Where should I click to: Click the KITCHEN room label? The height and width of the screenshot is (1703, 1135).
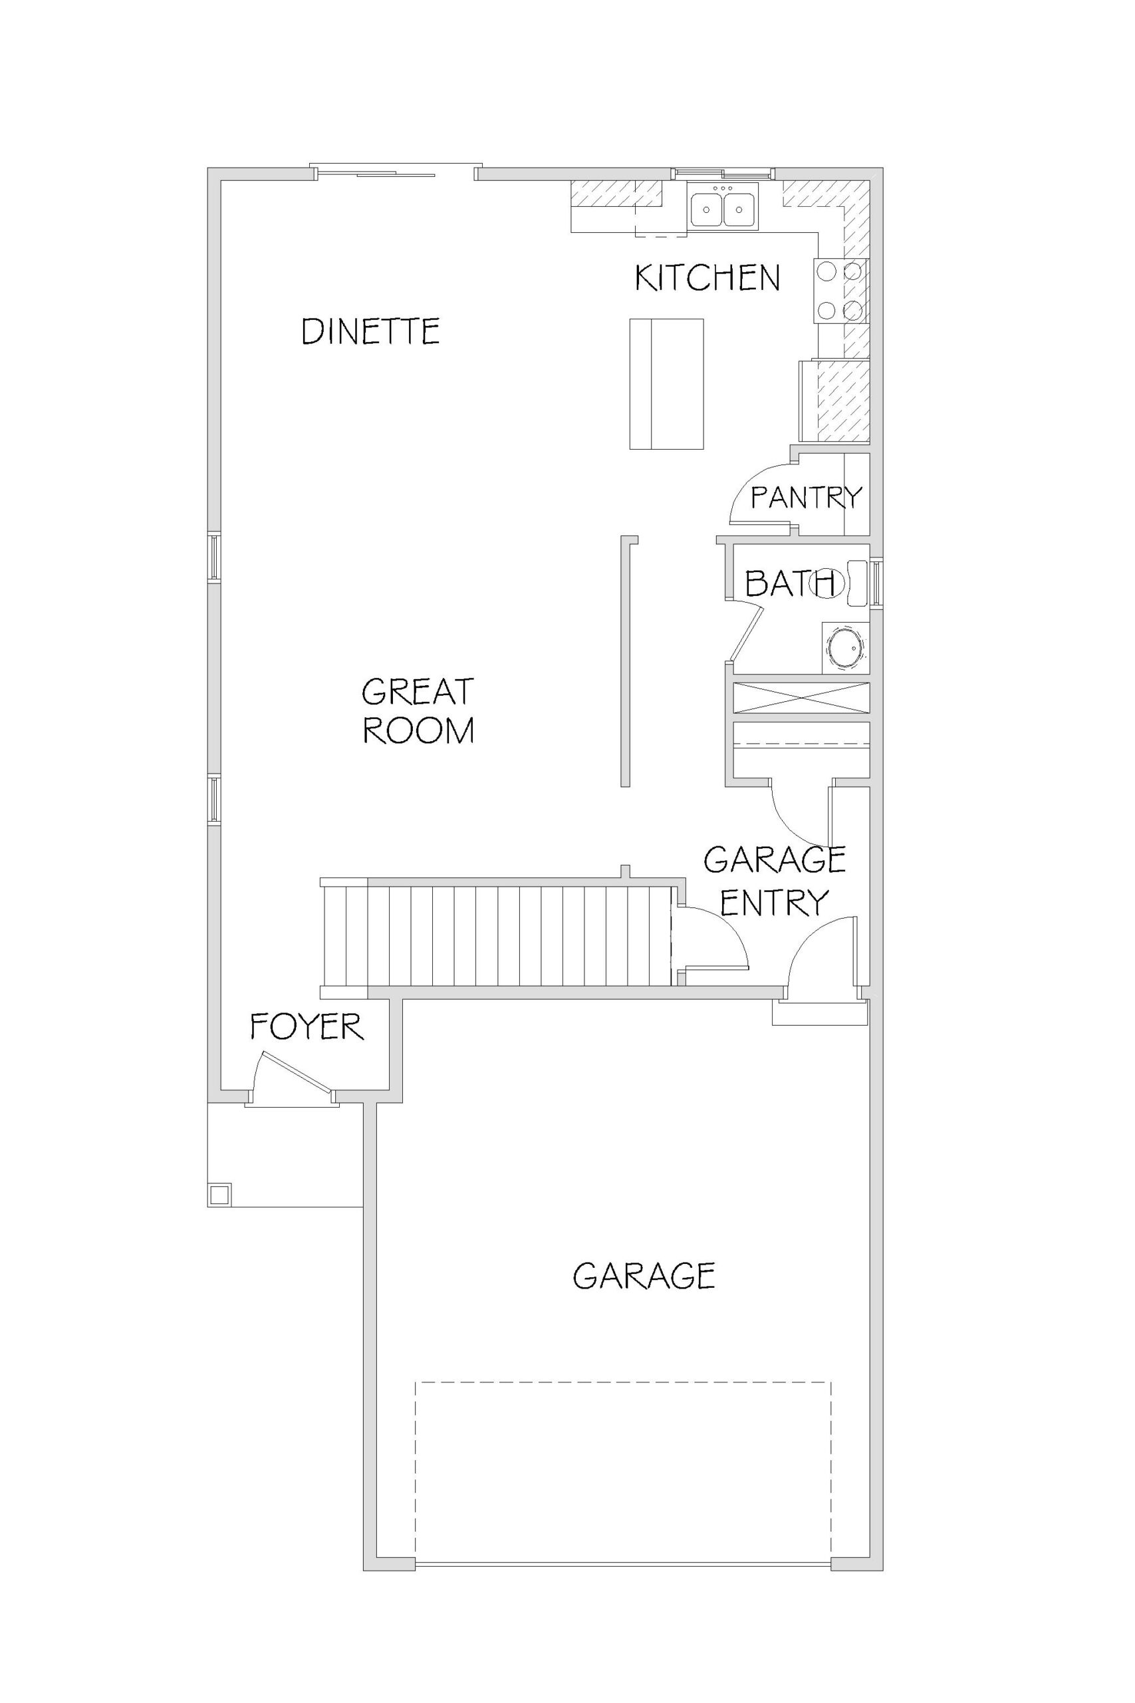click(707, 278)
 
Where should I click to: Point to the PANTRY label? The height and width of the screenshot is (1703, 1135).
click(807, 498)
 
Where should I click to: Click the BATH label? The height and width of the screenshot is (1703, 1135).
click(791, 583)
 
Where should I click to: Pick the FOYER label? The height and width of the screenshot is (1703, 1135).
click(306, 1026)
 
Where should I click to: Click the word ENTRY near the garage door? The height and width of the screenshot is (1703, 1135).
click(775, 902)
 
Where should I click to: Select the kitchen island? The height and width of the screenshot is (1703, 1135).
click(666, 384)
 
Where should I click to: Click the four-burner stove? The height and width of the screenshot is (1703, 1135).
click(841, 291)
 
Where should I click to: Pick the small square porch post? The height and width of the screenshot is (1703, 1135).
click(219, 1193)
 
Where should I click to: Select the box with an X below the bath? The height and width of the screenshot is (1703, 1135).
click(801, 697)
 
